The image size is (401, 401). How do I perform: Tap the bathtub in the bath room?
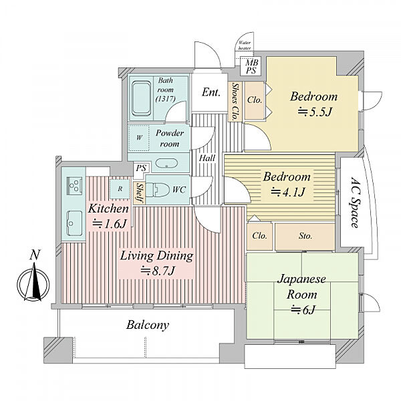(x=141, y=99)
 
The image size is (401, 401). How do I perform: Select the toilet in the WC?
(x=158, y=190)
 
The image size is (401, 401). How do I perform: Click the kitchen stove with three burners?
(x=74, y=185)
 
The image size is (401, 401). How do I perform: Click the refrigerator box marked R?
(x=120, y=189)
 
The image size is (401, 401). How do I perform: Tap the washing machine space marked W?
(x=138, y=138)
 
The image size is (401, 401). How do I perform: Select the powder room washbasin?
(x=166, y=164)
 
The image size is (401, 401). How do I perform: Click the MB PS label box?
(x=251, y=66)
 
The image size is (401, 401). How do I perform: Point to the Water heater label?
(x=245, y=45)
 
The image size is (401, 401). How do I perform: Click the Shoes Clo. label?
(x=235, y=102)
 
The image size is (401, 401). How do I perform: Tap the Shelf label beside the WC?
(x=140, y=193)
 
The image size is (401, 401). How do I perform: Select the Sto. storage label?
(x=305, y=236)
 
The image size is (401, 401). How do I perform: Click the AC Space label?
(x=356, y=203)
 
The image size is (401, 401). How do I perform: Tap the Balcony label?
(x=148, y=325)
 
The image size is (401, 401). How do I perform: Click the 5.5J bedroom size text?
(x=315, y=112)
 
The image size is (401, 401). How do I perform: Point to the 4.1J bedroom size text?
(x=287, y=192)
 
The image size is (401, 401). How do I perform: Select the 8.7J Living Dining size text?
(x=158, y=271)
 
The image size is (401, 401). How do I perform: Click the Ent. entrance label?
(x=211, y=92)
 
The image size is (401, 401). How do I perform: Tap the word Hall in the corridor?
(x=207, y=158)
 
